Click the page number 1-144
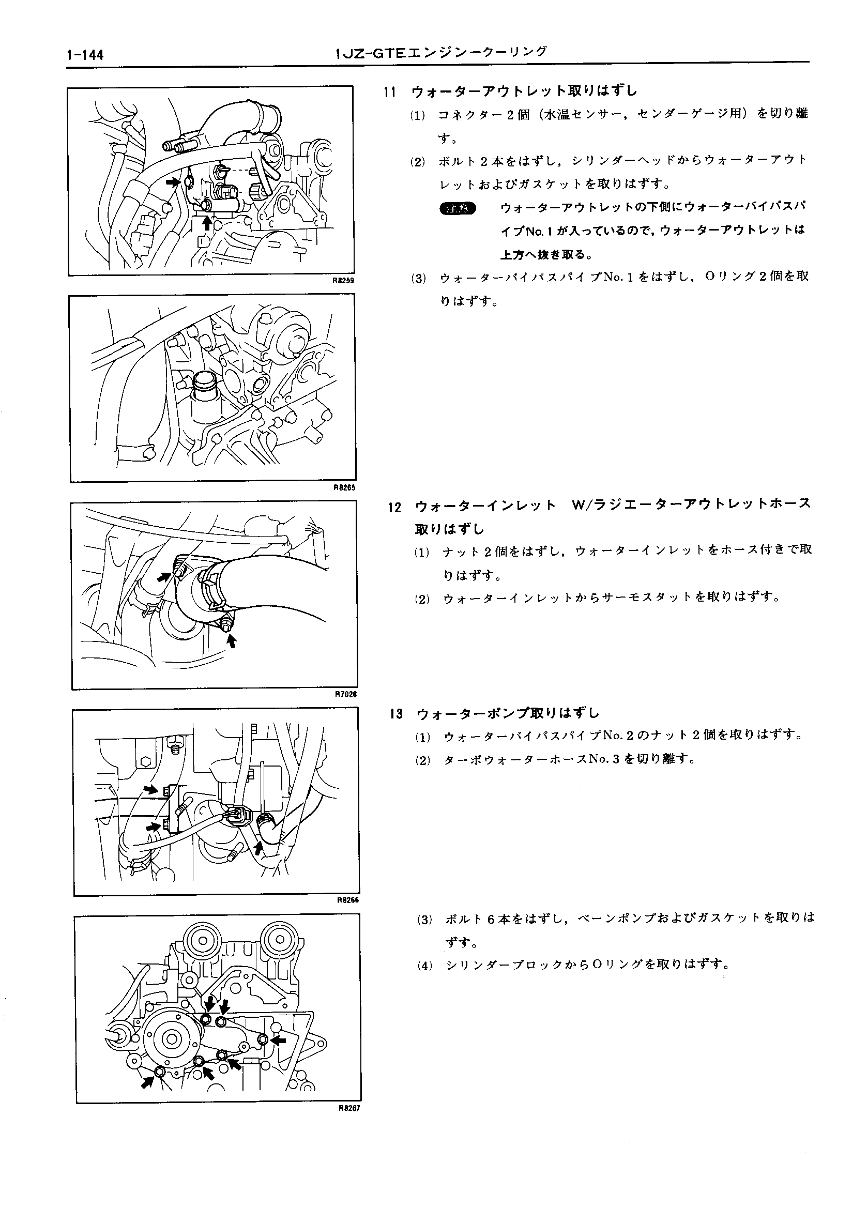(85, 54)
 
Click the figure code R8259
(343, 280)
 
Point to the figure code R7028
(346, 694)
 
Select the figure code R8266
(348, 900)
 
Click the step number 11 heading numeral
(390, 91)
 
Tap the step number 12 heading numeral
(394, 507)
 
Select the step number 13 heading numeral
(396, 714)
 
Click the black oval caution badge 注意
(458, 208)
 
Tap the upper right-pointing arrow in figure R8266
(151, 789)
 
